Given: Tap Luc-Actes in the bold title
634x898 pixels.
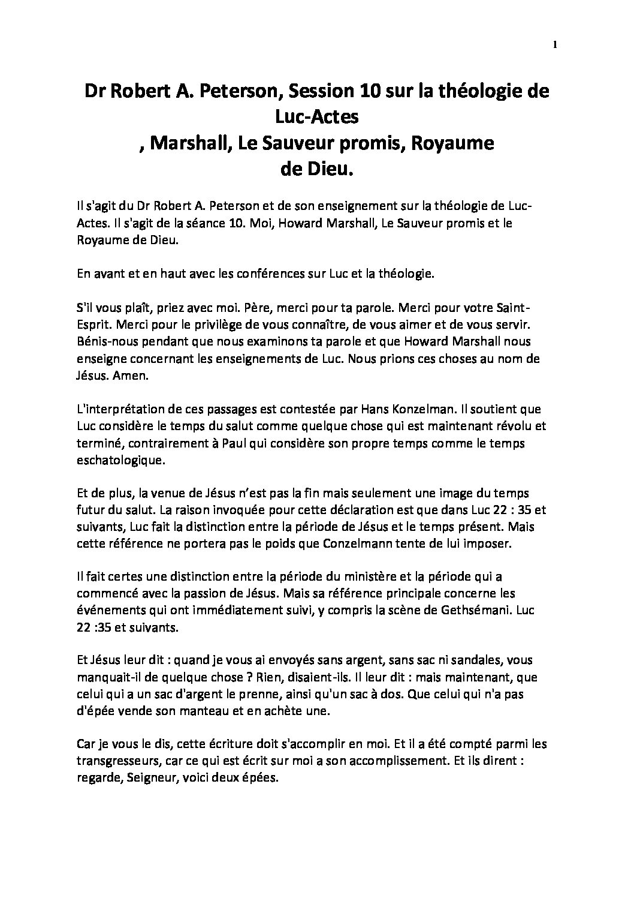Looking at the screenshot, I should click(316, 118).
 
